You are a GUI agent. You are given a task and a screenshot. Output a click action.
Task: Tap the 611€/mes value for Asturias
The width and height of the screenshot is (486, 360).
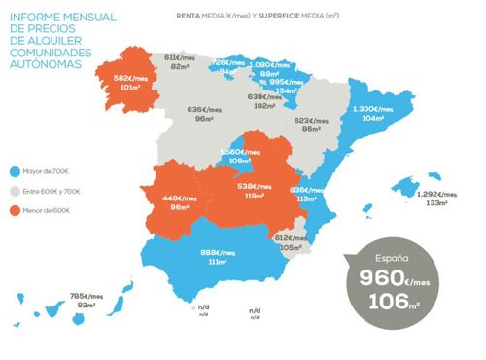[x=179, y=57]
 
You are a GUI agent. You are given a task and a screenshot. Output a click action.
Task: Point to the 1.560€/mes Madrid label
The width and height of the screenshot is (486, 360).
[x=238, y=152]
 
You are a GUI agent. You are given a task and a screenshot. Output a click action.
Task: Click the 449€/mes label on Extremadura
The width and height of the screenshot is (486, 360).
[x=178, y=198]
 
